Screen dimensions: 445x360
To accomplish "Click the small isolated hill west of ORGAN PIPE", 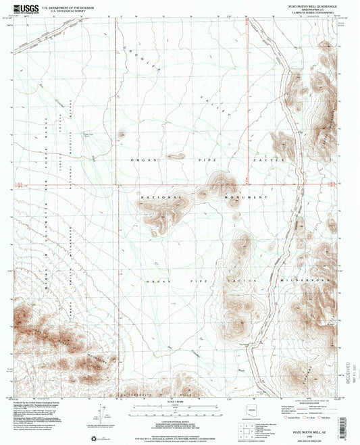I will [x=122, y=134].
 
